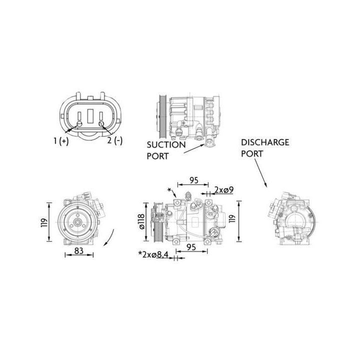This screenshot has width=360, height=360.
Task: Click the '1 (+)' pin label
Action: [60, 141]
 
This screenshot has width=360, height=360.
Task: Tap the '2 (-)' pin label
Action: [114, 141]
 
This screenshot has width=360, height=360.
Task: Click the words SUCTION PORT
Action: [166, 150]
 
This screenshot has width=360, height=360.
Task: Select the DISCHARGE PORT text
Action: [264, 148]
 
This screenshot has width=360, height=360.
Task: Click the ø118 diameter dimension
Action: [142, 221]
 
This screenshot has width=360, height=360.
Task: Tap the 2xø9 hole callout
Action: [223, 189]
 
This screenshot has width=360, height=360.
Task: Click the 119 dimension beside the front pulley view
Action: [44, 221]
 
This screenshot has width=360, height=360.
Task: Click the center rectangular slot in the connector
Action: [90, 116]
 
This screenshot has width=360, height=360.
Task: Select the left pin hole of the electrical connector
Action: [79, 123]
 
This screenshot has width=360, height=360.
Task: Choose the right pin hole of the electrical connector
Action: [101, 123]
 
